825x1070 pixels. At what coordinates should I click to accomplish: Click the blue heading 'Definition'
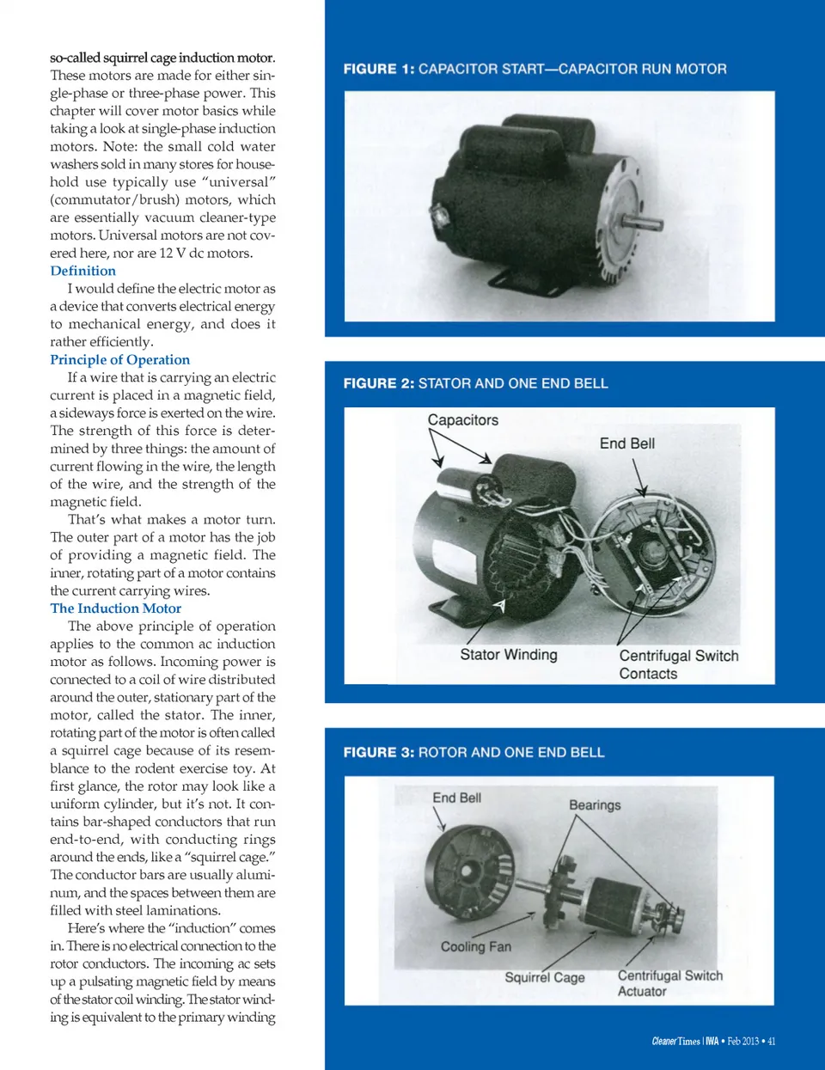[82, 271]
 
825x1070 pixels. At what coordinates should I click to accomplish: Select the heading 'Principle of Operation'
[119, 359]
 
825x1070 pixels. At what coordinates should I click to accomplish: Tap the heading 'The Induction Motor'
[115, 608]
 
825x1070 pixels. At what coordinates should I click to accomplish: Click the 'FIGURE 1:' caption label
[378, 69]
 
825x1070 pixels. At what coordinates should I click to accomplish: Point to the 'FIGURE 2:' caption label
[378, 383]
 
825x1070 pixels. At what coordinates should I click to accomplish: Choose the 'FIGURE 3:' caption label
[378, 752]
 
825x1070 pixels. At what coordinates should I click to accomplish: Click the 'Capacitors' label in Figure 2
[462, 419]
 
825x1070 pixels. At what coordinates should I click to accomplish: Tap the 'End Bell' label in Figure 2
[626, 443]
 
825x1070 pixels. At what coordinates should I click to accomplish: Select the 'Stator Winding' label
[508, 655]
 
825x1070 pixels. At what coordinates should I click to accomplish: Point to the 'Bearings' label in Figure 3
[594, 804]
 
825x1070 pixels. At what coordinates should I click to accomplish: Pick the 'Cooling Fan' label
[475, 946]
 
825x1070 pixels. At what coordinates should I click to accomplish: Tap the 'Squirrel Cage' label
[544, 977]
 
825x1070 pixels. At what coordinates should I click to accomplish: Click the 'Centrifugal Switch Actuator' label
[669, 983]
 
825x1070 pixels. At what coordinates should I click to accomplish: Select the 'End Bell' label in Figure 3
[456, 798]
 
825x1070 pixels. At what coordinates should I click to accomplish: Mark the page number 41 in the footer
[771, 1041]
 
